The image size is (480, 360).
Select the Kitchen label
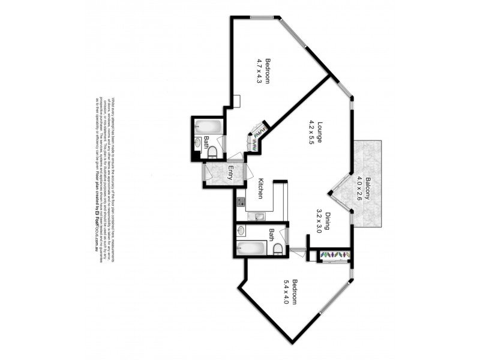261,188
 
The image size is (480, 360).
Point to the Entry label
230,173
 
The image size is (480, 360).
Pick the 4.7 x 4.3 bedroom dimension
260,70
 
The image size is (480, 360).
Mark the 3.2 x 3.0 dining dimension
319,215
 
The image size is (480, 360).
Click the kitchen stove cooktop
241,202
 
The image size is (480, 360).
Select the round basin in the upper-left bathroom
199,143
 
